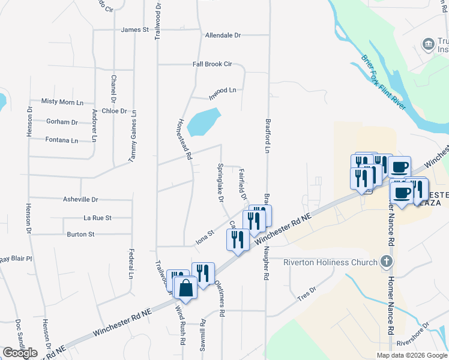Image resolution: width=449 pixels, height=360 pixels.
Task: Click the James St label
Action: click(x=134, y=29)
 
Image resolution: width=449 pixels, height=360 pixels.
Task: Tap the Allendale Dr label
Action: click(x=223, y=35)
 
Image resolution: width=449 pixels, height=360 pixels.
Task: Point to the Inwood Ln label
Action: click(x=222, y=91)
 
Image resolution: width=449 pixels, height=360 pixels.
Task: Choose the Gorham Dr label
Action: click(x=62, y=122)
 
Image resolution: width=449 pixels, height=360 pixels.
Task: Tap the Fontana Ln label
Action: click(x=62, y=140)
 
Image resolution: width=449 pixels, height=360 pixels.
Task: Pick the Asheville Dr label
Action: click(x=80, y=199)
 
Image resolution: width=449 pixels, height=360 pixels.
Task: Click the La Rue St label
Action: click(x=97, y=218)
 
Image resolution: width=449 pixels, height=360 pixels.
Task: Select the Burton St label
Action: click(x=80, y=234)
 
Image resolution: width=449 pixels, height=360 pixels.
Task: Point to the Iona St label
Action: click(x=204, y=238)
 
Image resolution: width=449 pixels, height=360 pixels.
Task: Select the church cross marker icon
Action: click(x=387, y=262)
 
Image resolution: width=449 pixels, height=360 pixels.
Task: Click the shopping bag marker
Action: click(x=185, y=288)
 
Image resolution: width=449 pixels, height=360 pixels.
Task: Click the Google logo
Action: click(x=19, y=353)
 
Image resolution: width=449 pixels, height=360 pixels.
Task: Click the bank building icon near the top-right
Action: click(x=428, y=43)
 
